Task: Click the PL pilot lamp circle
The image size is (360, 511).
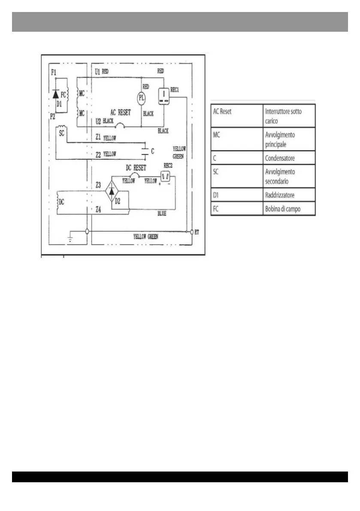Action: [142, 98]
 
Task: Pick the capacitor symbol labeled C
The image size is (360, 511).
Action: [145, 151]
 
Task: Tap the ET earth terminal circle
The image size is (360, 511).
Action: [191, 232]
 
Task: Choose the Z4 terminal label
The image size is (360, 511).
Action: [98, 210]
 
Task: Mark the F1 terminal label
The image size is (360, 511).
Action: [53, 73]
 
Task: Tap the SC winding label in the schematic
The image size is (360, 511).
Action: [61, 133]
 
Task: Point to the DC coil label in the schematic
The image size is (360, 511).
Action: [61, 202]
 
